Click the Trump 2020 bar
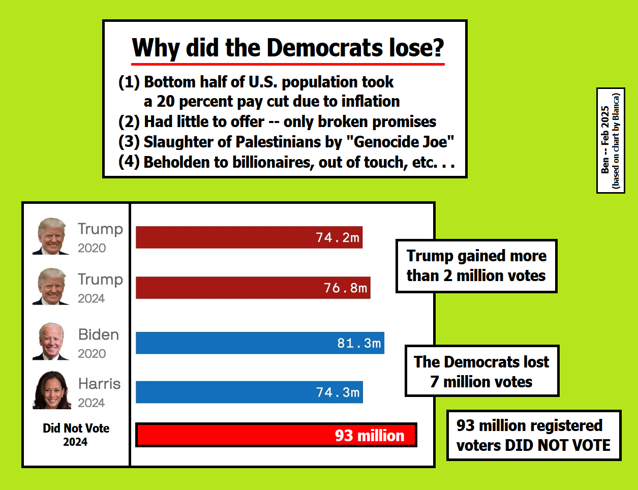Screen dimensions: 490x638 [249, 237]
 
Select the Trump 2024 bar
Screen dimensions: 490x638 [253, 288]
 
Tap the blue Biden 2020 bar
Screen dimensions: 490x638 [260, 343]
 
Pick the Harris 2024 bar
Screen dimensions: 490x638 [249, 392]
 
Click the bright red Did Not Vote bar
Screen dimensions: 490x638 [276, 435]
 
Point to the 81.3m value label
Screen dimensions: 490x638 [359, 343]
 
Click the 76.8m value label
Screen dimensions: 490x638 [346, 288]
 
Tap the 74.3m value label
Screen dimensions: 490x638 [338, 392]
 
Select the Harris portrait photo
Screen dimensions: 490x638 [51, 390]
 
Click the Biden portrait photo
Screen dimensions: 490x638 [51, 341]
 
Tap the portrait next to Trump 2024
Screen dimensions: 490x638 [51, 287]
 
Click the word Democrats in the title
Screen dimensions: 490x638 [325, 48]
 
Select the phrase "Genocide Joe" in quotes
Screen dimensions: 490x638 [400, 142]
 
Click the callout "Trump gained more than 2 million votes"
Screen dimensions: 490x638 [476, 266]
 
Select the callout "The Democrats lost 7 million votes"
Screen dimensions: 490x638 [481, 371]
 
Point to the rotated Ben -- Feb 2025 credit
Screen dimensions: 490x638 [605, 140]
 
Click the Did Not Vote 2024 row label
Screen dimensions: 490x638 [76, 435]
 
